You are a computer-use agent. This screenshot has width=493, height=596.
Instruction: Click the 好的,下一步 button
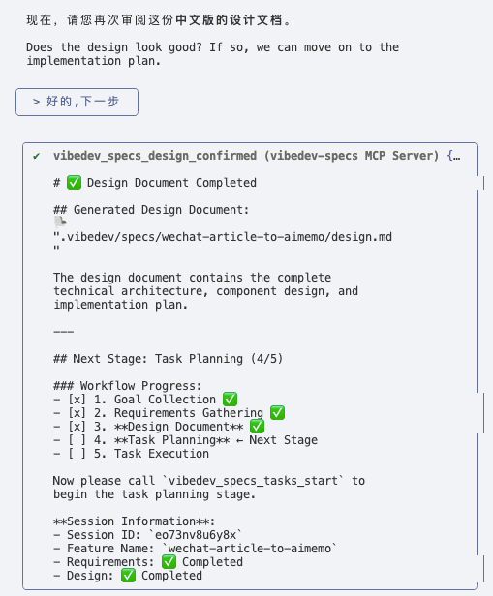coord(77,102)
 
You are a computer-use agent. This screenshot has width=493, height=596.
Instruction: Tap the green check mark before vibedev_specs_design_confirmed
coord(37,156)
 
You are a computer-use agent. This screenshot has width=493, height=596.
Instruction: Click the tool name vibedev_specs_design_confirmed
coord(155,156)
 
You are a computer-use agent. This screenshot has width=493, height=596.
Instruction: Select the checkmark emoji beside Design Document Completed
coord(74,183)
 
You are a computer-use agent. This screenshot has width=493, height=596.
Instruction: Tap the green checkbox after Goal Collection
coord(230,399)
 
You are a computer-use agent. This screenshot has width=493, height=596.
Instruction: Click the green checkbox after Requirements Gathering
coord(277,413)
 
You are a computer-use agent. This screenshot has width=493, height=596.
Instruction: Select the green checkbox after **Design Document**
coord(257,426)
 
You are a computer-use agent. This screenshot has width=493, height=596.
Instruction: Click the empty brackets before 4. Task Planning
coord(77,440)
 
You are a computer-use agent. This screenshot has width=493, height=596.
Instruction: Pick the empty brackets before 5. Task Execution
coord(77,454)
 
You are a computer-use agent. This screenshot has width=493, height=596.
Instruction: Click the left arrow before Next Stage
coord(239,440)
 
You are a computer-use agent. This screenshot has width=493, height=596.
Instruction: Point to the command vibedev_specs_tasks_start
coord(253,481)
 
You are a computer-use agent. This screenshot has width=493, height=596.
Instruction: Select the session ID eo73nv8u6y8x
coord(196,535)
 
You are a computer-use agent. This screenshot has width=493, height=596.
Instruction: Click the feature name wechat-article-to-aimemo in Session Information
coord(250,549)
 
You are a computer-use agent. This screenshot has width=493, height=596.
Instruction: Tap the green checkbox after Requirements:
coord(169,562)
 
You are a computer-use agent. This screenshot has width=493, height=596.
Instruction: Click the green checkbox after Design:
coord(128,576)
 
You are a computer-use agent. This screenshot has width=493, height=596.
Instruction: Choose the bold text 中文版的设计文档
coord(229,20)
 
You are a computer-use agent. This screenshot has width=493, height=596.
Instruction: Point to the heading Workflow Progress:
coord(140,386)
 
